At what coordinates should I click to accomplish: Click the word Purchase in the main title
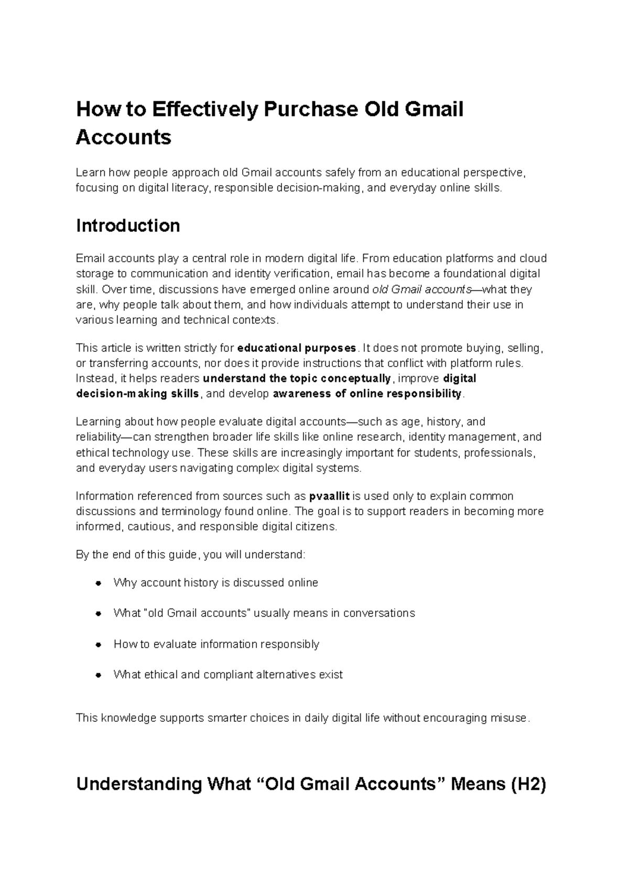click(309, 110)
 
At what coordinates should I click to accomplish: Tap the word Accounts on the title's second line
click(124, 137)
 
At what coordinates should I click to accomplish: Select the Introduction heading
click(128, 225)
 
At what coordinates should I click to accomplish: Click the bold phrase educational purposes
click(297, 348)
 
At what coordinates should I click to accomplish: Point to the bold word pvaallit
click(329, 496)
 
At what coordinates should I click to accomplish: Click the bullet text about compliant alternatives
click(228, 675)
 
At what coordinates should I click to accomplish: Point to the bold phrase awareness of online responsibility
click(367, 394)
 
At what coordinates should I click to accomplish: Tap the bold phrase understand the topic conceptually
click(297, 378)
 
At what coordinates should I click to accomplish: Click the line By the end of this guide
click(190, 555)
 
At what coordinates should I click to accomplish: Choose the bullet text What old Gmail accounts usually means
click(264, 613)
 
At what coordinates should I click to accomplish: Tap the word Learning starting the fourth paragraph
click(97, 422)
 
